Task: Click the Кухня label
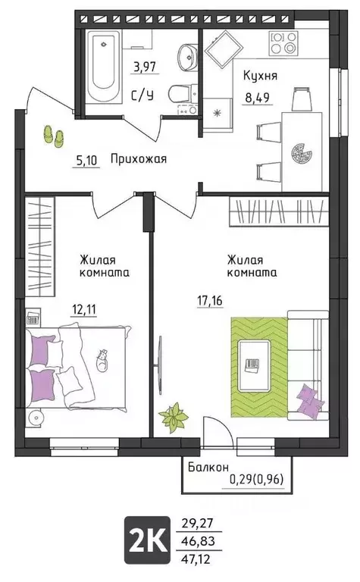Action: click(x=260, y=75)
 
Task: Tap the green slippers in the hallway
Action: click(x=52, y=135)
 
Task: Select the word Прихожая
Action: click(x=138, y=159)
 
